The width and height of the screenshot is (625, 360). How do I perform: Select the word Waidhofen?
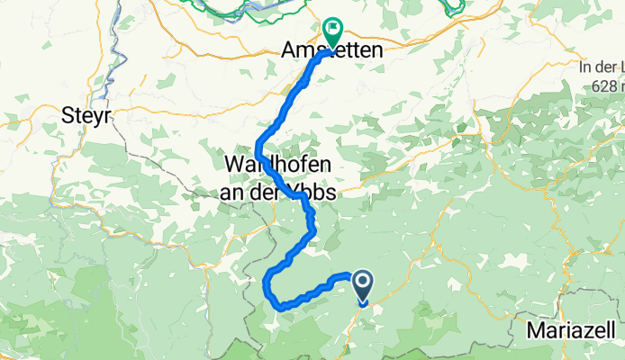276,166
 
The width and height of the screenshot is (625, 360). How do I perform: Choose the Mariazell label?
572,330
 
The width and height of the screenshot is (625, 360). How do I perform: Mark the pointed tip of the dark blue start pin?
363,303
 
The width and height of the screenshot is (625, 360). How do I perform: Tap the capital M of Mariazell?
533,330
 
